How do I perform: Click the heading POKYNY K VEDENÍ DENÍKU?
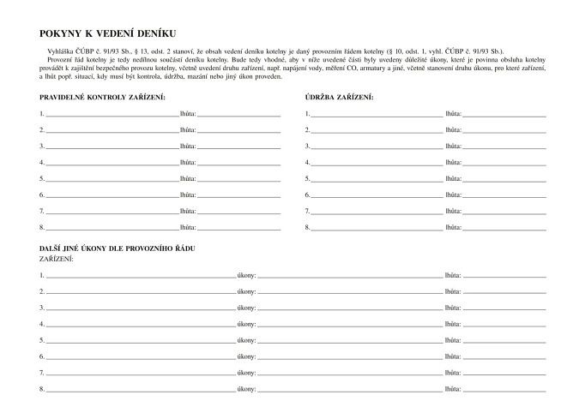pos(107,33)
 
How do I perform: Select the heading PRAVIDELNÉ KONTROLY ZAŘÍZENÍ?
pos(109,97)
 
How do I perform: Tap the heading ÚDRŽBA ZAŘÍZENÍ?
pos(339,97)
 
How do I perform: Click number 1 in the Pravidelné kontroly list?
pos(41,113)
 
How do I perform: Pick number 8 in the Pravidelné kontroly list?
pos(41,227)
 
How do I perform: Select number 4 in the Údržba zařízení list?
pos(307,162)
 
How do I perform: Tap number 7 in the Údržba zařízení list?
pos(307,211)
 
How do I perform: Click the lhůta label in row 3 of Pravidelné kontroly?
pos(188,146)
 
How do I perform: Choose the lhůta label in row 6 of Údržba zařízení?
pos(453,195)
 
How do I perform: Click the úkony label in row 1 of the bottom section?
pos(246,275)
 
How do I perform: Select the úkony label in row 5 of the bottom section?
pos(246,340)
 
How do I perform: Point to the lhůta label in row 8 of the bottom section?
pos(453,389)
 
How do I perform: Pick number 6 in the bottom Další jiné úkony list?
pos(41,356)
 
